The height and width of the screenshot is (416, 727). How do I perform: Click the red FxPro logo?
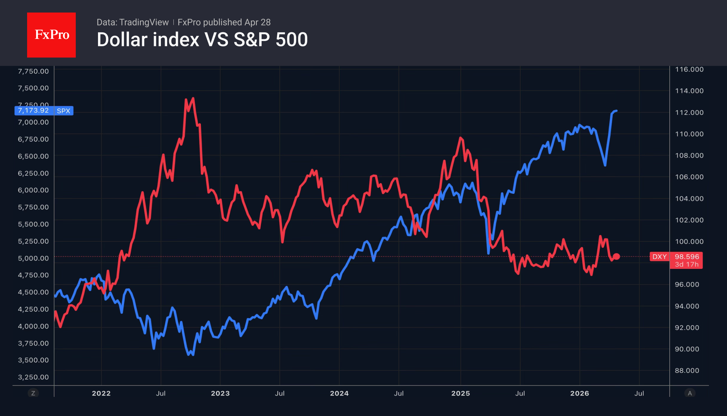[51, 35]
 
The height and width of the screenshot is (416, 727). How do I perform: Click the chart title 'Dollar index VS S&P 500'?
[202, 40]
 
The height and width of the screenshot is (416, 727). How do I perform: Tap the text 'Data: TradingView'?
[132, 22]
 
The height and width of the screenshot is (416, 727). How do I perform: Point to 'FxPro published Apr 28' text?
[224, 22]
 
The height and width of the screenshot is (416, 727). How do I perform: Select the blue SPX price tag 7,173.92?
[44, 111]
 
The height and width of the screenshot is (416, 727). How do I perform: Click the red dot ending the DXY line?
[616, 256]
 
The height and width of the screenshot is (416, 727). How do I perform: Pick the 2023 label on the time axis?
[220, 393]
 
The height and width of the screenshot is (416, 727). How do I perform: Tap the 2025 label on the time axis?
[460, 393]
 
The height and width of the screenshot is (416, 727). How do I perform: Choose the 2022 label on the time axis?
[101, 393]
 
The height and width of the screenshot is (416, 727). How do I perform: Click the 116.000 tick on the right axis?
[689, 70]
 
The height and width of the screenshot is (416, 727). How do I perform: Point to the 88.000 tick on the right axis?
[687, 370]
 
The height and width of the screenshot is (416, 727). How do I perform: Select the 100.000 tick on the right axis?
[689, 241]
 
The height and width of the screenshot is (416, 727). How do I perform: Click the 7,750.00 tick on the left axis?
[33, 71]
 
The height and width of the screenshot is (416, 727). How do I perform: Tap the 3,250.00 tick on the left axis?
[33, 377]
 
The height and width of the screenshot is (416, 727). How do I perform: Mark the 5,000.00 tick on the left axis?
[33, 258]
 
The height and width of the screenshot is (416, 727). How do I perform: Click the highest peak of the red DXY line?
[193, 98]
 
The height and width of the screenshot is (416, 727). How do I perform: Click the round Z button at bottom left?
[33, 393]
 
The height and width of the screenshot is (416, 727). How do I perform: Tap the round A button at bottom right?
[690, 393]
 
